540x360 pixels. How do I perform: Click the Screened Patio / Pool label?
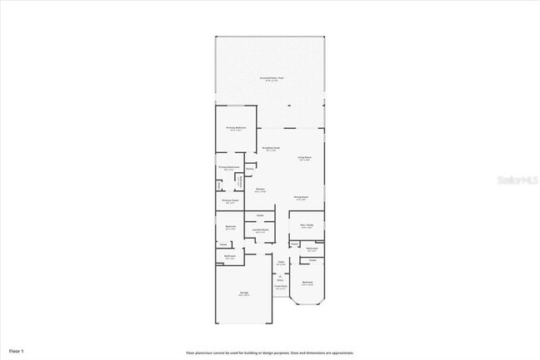point(271,78)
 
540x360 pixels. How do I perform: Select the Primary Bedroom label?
point(236,128)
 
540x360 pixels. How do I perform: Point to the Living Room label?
point(305,157)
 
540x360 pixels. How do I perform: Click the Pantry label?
point(261,168)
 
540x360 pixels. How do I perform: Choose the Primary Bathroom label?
point(228,167)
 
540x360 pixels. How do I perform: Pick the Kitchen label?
point(260,190)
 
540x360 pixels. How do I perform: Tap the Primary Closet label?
point(229,200)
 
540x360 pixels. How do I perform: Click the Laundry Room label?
point(261,229)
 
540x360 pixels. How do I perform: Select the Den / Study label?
point(307,224)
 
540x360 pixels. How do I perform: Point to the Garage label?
point(244,293)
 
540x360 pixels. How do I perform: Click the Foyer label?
point(281,263)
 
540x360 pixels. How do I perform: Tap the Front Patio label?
point(281,287)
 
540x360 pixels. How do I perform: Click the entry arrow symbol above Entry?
point(280,275)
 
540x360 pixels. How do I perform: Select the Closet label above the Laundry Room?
point(260,215)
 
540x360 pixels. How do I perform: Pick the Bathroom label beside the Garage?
point(230,256)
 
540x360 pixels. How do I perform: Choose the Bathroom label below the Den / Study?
point(312,249)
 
